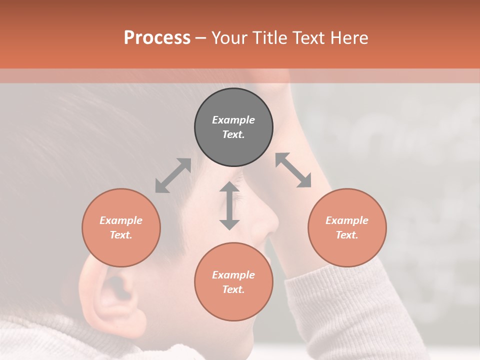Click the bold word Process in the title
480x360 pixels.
tap(157, 38)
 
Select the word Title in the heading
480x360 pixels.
tap(268, 38)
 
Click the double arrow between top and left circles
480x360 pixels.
tap(173, 175)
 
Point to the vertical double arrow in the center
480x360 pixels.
tap(229, 205)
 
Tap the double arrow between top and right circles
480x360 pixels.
tap(293, 170)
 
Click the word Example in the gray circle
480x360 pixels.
tap(233, 120)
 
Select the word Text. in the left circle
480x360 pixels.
tap(121, 235)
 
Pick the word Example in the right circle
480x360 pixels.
tap(347, 220)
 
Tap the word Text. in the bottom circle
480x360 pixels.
tap(233, 289)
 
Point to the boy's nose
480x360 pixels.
tap(267, 220)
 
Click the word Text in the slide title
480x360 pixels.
tap(308, 38)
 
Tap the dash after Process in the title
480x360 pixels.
tap(201, 38)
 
